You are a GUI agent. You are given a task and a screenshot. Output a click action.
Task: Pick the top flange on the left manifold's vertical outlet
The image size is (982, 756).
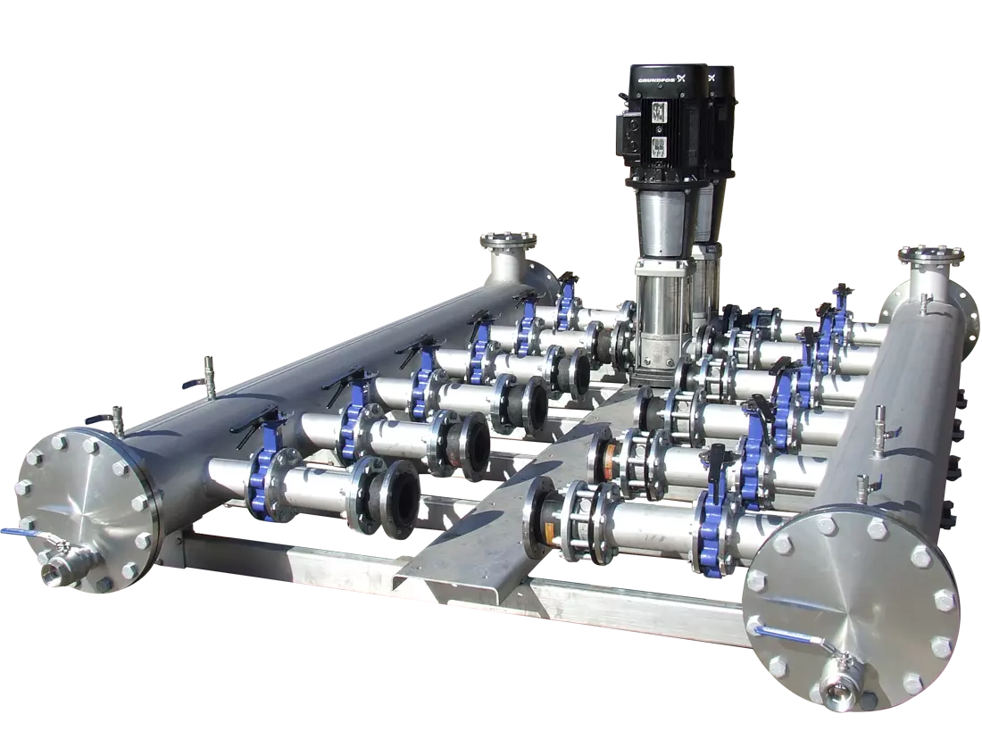508,240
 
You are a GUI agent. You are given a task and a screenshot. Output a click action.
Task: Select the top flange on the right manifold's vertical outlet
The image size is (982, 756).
930,255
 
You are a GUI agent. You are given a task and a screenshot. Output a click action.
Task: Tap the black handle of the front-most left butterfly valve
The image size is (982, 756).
259,420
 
